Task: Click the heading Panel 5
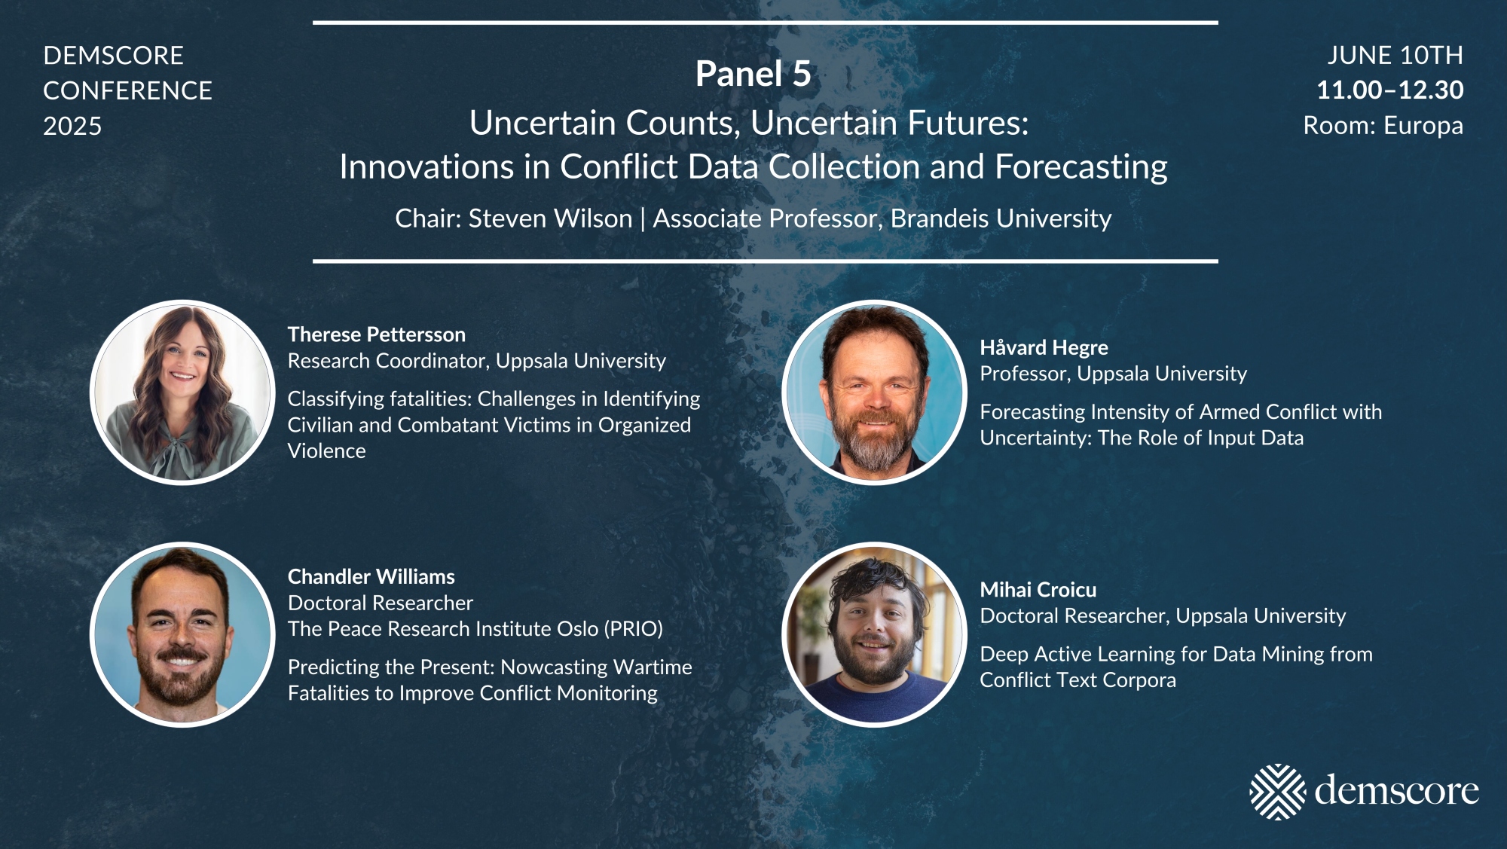(x=753, y=74)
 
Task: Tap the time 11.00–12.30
(x=1389, y=90)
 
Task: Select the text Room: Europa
(x=1383, y=126)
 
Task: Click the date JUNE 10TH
(x=1395, y=55)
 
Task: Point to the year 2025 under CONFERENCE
(x=72, y=126)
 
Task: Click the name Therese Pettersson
(x=377, y=334)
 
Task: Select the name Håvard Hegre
(x=1044, y=347)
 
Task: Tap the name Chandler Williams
(x=371, y=577)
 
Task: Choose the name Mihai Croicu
(x=1038, y=590)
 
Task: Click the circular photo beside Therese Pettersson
(x=182, y=392)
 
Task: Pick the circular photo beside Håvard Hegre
(x=874, y=392)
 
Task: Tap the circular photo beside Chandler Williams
(x=182, y=635)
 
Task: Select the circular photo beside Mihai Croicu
(x=874, y=635)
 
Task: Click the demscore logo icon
(x=1277, y=792)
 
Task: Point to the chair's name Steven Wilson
(x=550, y=218)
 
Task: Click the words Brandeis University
(x=1001, y=218)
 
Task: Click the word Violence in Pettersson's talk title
(x=327, y=450)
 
